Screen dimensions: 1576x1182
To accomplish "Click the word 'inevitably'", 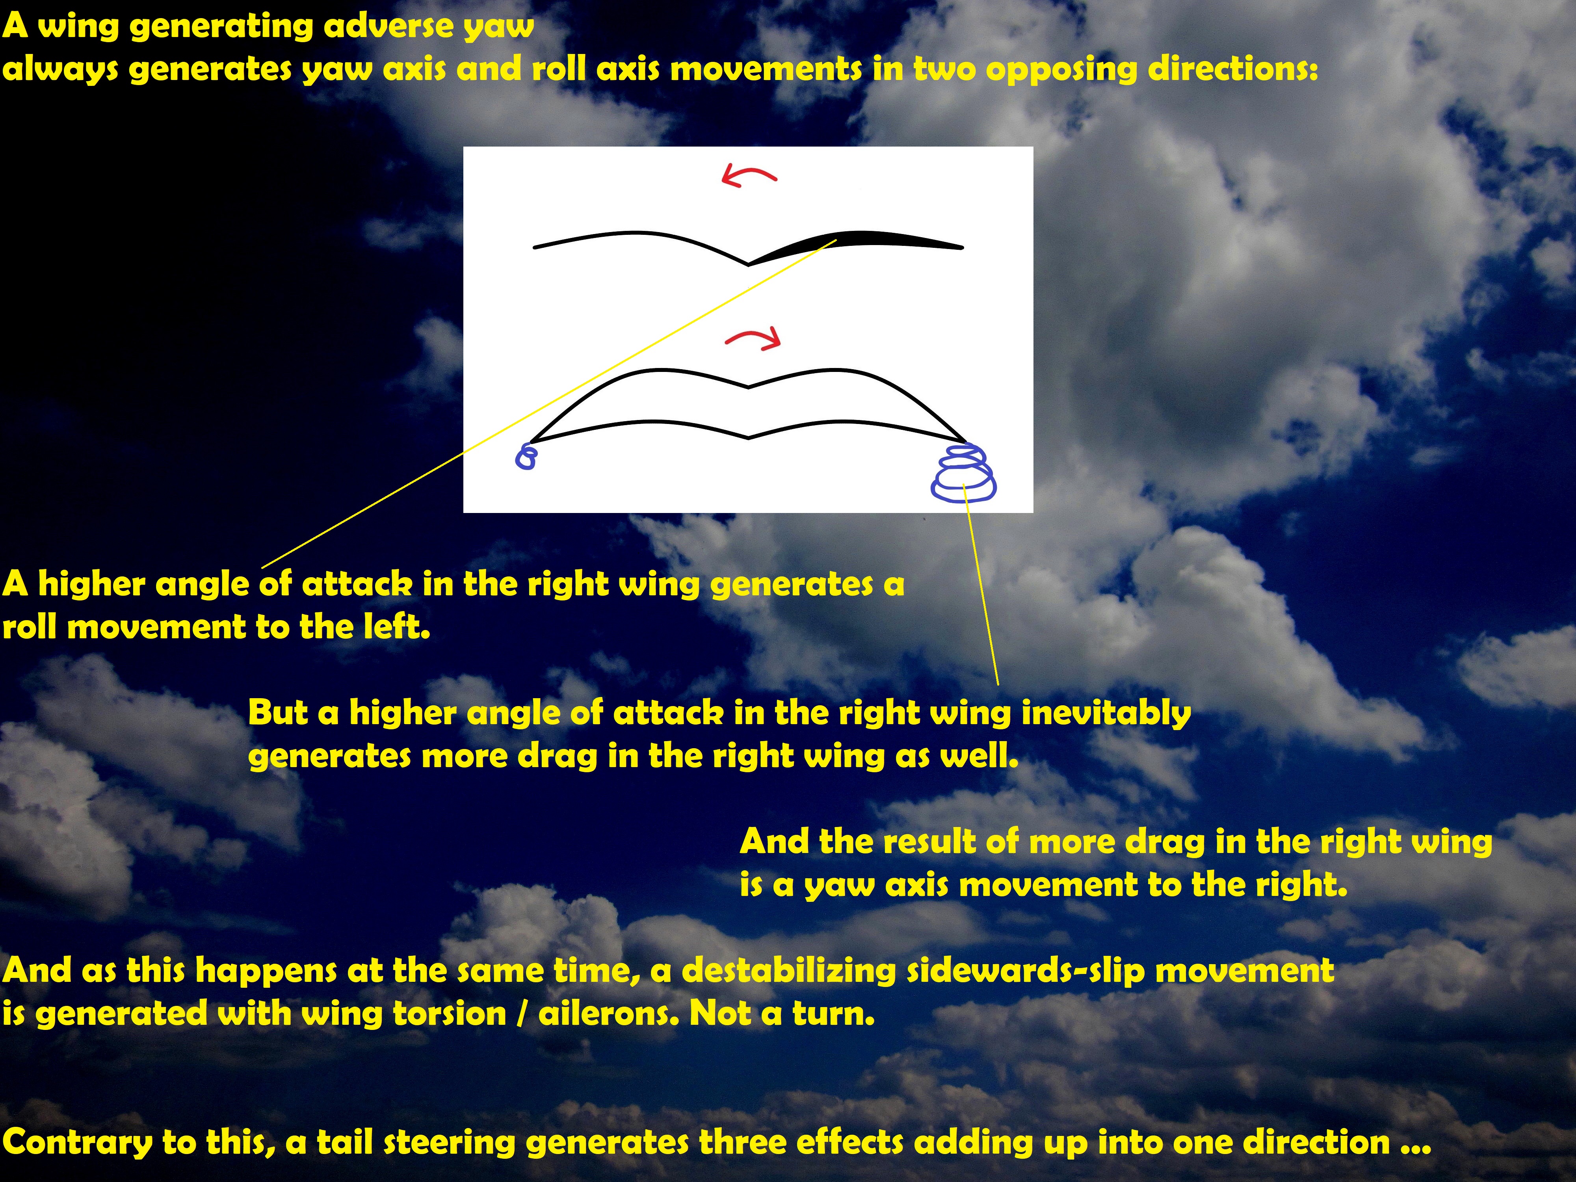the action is [1106, 713].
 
